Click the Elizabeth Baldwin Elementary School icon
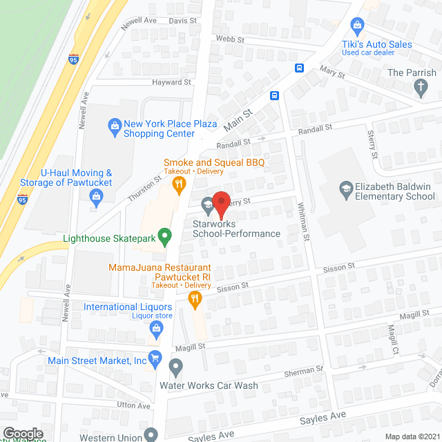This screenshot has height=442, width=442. point(345,187)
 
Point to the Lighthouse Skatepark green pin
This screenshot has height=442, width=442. point(164,239)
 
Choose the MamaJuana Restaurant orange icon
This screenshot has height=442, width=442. point(195,298)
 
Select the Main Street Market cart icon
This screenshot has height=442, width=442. point(155,359)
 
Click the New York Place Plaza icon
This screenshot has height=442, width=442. point(115,125)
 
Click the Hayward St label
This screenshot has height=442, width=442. point(171,82)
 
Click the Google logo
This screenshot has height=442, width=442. point(23,433)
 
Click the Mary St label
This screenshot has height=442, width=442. point(331,70)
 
